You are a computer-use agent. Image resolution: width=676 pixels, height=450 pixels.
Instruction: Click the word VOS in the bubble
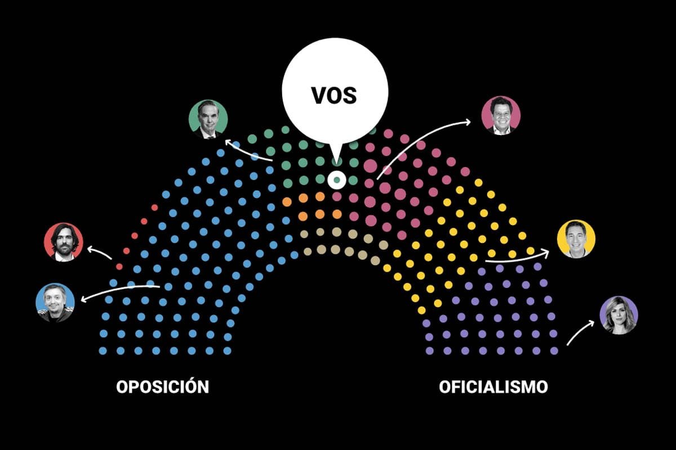coord(334,96)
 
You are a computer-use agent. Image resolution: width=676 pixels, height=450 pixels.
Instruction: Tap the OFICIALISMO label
coord(493,387)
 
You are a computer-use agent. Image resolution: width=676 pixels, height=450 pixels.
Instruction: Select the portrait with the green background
coord(208,119)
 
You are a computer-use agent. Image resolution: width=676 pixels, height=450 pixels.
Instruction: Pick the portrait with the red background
coord(63,242)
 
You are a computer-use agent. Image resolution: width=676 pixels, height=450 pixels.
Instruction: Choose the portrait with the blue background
coord(55,303)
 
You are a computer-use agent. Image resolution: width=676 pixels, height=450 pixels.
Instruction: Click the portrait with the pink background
coord(501,115)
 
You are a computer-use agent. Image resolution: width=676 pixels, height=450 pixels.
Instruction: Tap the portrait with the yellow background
coord(576,238)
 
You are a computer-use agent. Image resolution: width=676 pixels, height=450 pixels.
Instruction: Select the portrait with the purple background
coord(619,315)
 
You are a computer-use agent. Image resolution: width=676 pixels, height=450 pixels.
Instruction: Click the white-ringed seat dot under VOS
coord(337,180)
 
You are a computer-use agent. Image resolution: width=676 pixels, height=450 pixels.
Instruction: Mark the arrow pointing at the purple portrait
coord(580,333)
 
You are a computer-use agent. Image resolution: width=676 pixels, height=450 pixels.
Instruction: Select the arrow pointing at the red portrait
coord(100,252)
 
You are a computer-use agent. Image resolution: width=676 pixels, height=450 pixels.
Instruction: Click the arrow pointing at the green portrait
coord(248,151)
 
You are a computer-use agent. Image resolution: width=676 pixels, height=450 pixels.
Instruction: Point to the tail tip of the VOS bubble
coord(337,164)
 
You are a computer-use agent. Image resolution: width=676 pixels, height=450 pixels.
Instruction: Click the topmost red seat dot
coord(154,208)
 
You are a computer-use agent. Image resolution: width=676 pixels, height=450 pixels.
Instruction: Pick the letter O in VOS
coord(333,96)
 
